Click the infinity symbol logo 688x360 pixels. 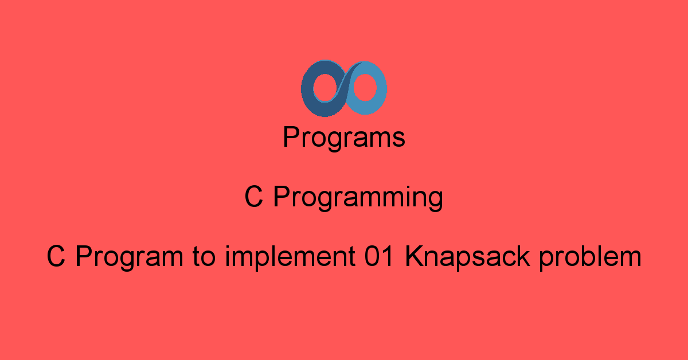343,88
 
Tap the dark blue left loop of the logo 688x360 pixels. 307,89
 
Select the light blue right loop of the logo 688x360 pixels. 381,88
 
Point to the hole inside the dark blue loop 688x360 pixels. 325,88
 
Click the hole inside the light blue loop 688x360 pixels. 365,88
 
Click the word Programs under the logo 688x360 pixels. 344,138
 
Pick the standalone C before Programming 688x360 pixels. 253,196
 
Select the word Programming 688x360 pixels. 358,198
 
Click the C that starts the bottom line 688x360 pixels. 56,256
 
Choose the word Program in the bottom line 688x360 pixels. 130,258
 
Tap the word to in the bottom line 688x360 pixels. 204,257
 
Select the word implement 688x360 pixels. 290,258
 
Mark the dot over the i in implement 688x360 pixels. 228,247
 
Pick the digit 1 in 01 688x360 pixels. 389,256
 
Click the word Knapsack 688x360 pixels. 467,258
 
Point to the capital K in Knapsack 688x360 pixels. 415,256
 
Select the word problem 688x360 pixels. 591,258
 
